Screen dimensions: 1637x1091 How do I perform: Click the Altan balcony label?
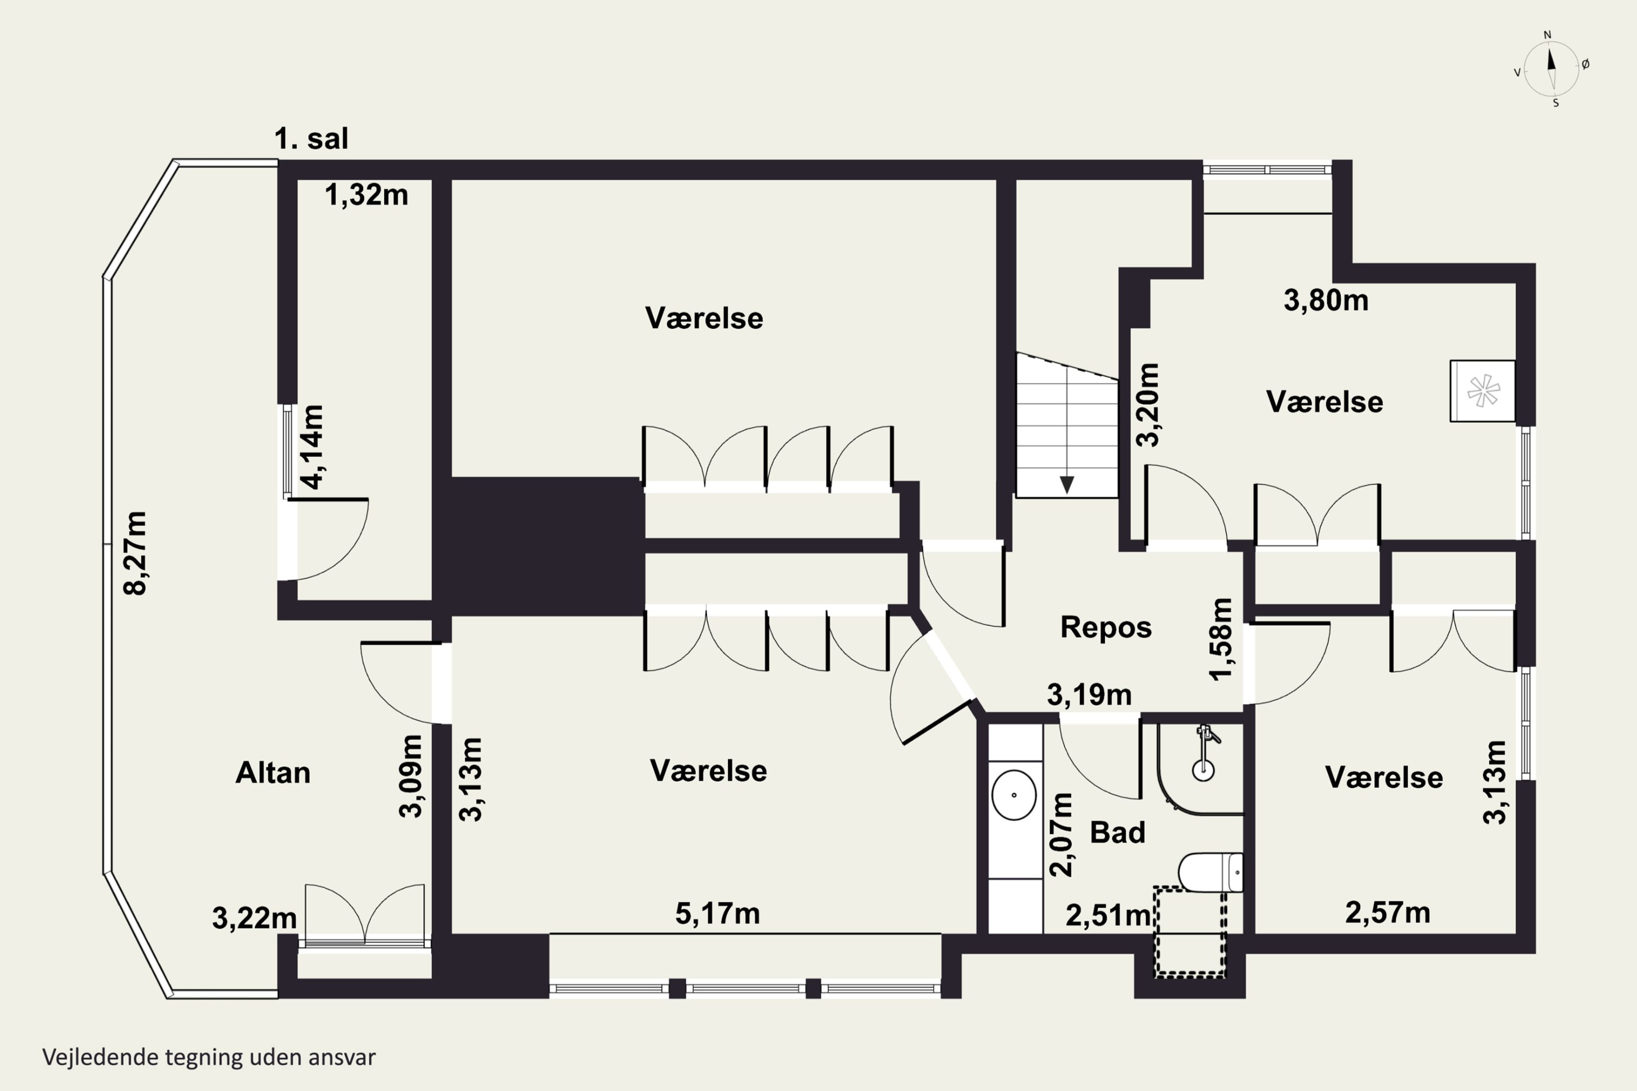pos(273,773)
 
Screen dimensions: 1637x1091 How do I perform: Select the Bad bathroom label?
pos(1117,832)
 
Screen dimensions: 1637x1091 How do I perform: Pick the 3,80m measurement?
pos(1326,300)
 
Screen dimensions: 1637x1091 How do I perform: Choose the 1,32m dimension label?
pos(366,195)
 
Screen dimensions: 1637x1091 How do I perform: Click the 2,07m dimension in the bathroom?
pos(1061,834)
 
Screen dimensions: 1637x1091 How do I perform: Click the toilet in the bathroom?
pos(1210,872)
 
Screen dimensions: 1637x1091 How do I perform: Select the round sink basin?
pos(1013,795)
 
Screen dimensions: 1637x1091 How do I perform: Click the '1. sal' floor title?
pos(311,139)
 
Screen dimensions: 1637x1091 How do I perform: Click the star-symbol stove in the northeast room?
pos(1483,391)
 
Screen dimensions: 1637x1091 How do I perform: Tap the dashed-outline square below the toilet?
pos(1190,932)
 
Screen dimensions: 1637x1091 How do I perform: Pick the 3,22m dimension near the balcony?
pos(254,919)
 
